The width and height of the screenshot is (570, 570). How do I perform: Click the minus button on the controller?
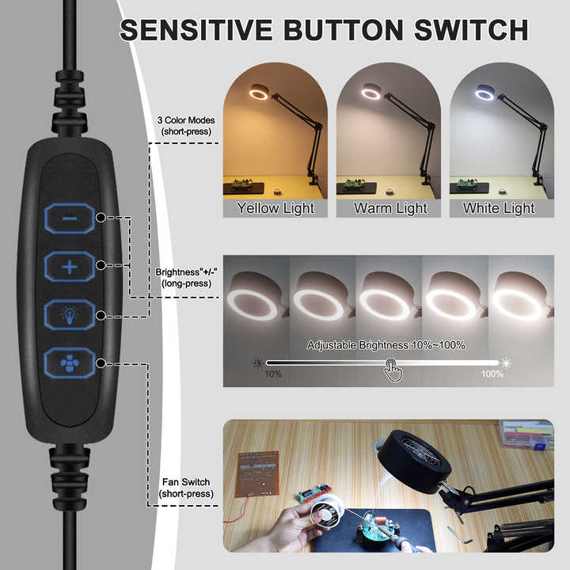tap(70, 218)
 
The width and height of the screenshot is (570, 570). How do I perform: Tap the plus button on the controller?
tap(70, 267)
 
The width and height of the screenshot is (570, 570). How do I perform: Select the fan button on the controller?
tap(70, 363)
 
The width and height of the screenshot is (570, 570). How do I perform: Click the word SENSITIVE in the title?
tap(196, 30)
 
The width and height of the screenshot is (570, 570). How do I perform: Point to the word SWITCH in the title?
tap(471, 30)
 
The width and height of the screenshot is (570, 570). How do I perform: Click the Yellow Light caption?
tap(275, 208)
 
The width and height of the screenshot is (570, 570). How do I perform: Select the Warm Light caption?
tap(390, 208)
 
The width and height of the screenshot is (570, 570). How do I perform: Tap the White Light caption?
tap(499, 208)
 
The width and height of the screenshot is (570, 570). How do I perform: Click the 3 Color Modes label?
tap(186, 120)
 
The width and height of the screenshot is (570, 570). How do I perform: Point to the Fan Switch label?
tap(186, 482)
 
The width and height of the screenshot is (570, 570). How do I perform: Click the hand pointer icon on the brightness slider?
tap(393, 370)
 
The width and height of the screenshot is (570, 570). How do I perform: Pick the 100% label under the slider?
tap(492, 374)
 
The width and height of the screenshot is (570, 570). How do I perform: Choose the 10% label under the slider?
tap(273, 374)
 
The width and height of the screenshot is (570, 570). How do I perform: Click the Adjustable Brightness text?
tap(386, 345)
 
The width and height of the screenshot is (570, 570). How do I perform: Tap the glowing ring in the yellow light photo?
tap(259, 94)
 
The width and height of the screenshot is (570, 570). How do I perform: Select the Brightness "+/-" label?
tap(186, 272)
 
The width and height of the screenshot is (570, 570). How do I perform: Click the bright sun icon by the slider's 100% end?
tap(506, 363)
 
